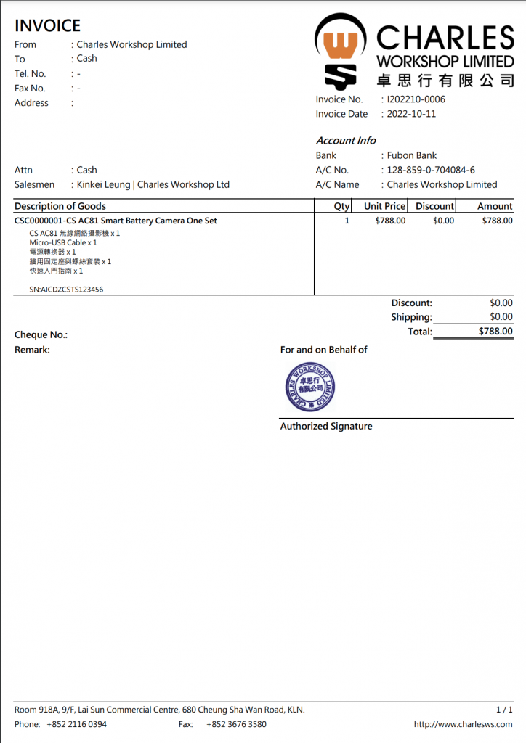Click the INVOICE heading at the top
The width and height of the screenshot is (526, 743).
[x=47, y=26]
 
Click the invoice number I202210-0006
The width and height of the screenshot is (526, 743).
[x=416, y=99]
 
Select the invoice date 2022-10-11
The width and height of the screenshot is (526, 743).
[x=411, y=114]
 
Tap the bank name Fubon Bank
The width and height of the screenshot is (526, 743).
[x=412, y=155]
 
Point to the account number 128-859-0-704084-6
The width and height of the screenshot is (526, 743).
[x=431, y=170]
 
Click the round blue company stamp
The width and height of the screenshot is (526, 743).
[x=310, y=387]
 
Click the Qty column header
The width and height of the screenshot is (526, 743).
[x=341, y=206]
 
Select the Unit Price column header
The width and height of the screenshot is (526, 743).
[x=384, y=206]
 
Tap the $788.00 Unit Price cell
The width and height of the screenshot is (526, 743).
[x=390, y=221]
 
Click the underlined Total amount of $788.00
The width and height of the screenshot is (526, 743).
[x=495, y=332]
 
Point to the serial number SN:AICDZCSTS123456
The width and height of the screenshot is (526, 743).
[x=66, y=289]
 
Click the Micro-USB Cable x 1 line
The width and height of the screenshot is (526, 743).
[x=63, y=242]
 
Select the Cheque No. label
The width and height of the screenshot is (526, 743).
[x=41, y=335]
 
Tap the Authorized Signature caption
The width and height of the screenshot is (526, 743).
[x=326, y=426]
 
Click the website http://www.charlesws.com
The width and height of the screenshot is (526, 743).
[x=463, y=724]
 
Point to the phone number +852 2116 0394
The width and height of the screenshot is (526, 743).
[x=76, y=724]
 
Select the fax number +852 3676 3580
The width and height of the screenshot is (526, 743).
[x=236, y=724]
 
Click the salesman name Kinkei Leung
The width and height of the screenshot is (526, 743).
[x=104, y=184]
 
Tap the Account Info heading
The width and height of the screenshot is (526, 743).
[x=346, y=141]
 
